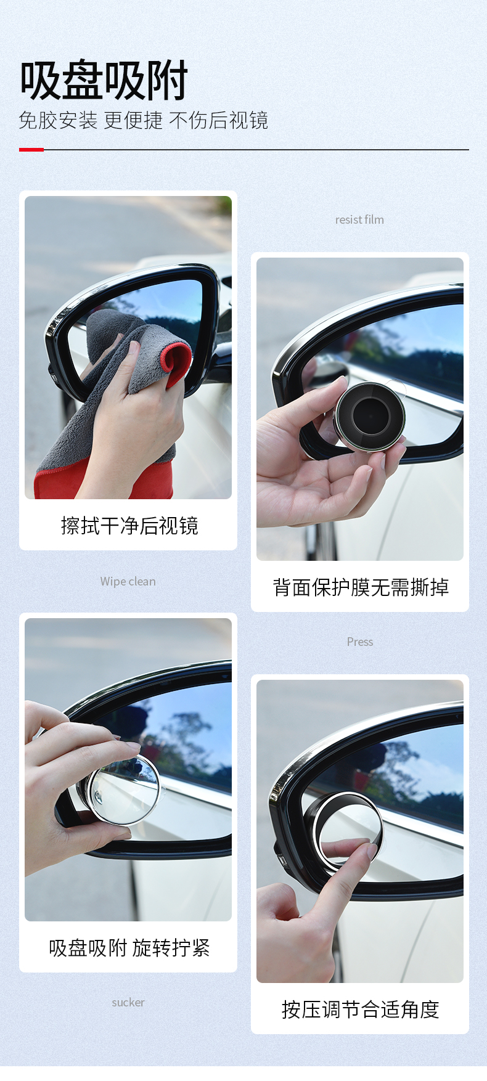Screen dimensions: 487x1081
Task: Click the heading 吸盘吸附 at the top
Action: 104,80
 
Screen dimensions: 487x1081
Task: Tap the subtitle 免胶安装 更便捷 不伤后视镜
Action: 143,120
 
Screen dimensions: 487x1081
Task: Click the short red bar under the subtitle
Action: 31,149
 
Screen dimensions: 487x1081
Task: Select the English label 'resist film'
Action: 359,219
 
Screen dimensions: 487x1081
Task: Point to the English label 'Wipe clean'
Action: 128,581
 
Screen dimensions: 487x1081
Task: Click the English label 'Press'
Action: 360,642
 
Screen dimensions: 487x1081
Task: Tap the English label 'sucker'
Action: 128,1002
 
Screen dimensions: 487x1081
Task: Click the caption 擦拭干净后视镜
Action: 129,526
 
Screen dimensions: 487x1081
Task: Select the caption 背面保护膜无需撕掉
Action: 361,587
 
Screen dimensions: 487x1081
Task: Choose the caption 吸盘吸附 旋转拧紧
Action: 129,948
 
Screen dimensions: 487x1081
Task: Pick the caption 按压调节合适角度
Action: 361,1010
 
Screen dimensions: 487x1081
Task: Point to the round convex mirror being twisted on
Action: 123,789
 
